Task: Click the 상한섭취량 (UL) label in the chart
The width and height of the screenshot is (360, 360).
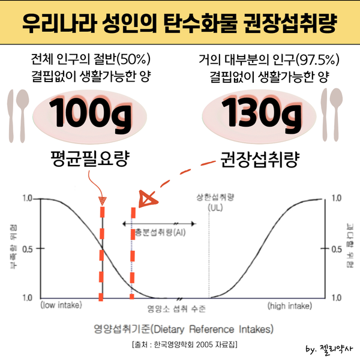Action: click(214, 202)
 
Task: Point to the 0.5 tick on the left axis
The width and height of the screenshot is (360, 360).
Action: click(29, 247)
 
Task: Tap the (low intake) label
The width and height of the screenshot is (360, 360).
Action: click(61, 305)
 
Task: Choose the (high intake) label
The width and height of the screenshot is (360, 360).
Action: click(289, 305)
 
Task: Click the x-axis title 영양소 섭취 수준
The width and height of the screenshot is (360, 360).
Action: click(176, 310)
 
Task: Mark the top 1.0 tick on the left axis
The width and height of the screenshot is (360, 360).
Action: click(29, 198)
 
